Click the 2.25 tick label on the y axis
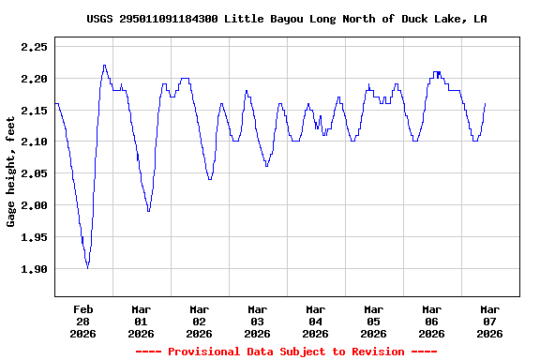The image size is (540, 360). click(x=34, y=46)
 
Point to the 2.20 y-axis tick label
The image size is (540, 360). click(x=34, y=78)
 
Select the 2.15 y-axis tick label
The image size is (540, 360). click(x=34, y=110)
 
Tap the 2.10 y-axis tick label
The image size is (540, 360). click(x=34, y=142)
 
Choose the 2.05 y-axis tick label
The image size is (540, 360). click(x=34, y=173)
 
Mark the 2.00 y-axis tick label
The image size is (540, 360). click(x=34, y=205)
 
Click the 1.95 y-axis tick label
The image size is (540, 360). click(x=34, y=237)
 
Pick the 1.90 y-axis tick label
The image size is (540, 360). click(x=34, y=269)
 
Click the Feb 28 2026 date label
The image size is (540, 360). click(x=83, y=321)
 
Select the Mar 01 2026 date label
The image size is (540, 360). click(x=142, y=321)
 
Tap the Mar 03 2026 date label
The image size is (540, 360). click(x=257, y=321)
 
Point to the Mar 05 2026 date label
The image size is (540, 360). click(x=373, y=321)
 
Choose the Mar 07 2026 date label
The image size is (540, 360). click(x=489, y=321)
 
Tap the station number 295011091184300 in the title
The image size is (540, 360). click(x=169, y=19)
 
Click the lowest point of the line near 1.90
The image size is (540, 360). click(x=88, y=268)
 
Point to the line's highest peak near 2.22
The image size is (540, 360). click(x=104, y=66)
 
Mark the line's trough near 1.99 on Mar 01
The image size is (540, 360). click(x=148, y=211)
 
